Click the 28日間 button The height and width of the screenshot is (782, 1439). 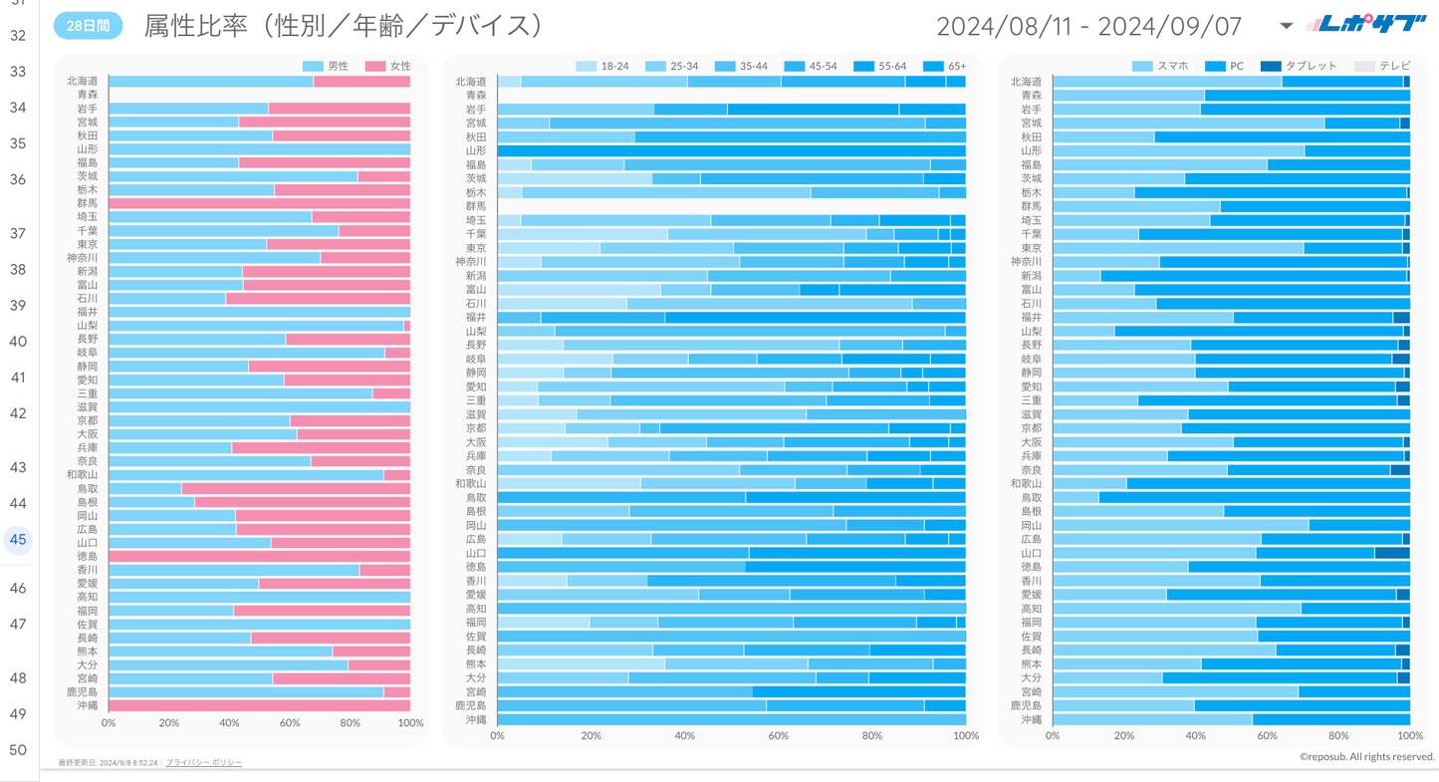[x=88, y=26]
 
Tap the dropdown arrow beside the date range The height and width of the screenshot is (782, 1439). [x=1286, y=26]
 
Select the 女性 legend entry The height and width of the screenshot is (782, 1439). [x=389, y=66]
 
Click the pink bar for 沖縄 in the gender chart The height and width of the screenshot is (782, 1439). [x=259, y=705]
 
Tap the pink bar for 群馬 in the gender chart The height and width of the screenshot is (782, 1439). [x=259, y=203]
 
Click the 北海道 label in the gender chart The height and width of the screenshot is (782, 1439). [x=83, y=81]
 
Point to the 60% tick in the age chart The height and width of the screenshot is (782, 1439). [x=779, y=736]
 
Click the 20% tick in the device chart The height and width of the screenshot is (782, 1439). [x=1124, y=736]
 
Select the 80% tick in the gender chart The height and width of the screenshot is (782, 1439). [x=350, y=723]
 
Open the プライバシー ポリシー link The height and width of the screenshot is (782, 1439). [x=203, y=762]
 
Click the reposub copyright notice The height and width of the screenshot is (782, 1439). [x=1366, y=757]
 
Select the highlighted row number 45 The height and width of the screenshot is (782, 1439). [x=18, y=540]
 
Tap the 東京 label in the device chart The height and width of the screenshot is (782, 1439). [x=1031, y=248]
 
